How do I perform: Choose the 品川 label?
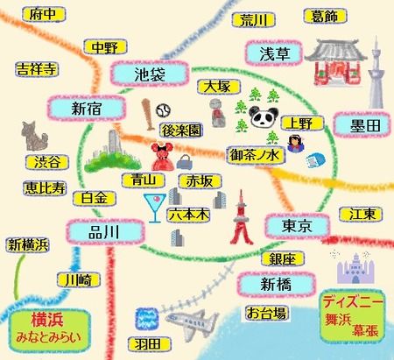click(102, 231)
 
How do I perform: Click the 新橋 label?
click(274, 285)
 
